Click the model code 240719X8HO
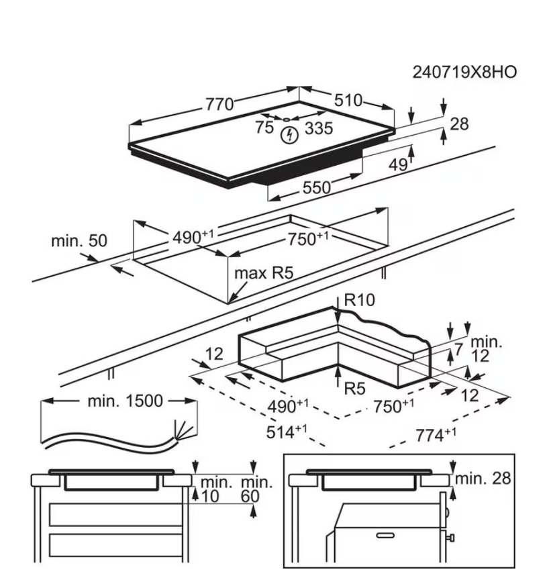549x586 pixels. pyautogui.click(x=464, y=72)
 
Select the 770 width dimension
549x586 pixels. pyautogui.click(x=219, y=105)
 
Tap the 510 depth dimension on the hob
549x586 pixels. pyautogui.click(x=348, y=101)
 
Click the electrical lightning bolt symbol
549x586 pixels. pyautogui.click(x=289, y=134)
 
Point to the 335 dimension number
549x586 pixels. pyautogui.click(x=318, y=129)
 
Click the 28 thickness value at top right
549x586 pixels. pyautogui.click(x=459, y=124)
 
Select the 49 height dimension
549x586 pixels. pyautogui.click(x=398, y=164)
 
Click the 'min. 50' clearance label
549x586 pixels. pyautogui.click(x=79, y=241)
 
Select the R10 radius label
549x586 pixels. pyautogui.click(x=358, y=301)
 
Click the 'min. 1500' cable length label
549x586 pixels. pyautogui.click(x=125, y=401)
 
